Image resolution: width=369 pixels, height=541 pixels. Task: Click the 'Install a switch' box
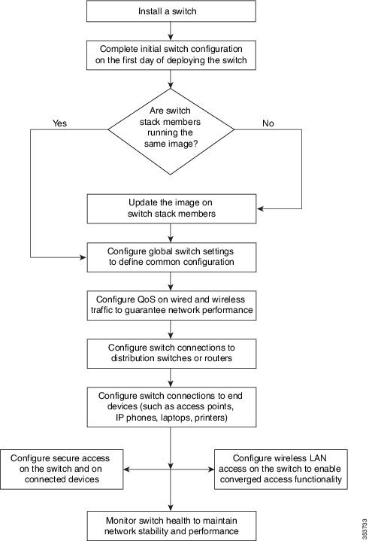[171, 11]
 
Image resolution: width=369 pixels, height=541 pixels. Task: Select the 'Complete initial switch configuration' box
[171, 55]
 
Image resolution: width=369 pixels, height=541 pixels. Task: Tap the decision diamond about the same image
[171, 132]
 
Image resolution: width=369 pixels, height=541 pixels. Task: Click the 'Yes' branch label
[59, 123]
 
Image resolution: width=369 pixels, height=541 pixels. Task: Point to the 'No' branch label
[268, 123]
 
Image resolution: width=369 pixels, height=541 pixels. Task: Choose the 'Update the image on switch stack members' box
[171, 208]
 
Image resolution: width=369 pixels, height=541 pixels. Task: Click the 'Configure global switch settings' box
[171, 257]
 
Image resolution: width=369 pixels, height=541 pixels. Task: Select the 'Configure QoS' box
[171, 305]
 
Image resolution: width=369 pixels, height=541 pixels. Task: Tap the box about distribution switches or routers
[171, 354]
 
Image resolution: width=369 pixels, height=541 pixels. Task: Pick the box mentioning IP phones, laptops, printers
[171, 407]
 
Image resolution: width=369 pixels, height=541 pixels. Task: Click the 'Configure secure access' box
[62, 470]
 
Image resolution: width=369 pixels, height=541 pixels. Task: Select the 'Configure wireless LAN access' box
[281, 470]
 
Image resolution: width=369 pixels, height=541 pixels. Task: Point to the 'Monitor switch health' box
[171, 526]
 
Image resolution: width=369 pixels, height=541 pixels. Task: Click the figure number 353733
[364, 529]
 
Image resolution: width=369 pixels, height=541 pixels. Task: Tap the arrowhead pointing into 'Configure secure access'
[126, 470]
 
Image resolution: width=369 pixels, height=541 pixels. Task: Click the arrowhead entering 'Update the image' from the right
[260, 208]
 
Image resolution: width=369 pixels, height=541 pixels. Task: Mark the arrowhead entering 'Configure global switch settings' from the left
[83, 257]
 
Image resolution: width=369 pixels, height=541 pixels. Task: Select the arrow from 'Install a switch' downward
[171, 31]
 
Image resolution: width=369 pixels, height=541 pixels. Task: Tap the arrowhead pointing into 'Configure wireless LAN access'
[211, 470]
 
